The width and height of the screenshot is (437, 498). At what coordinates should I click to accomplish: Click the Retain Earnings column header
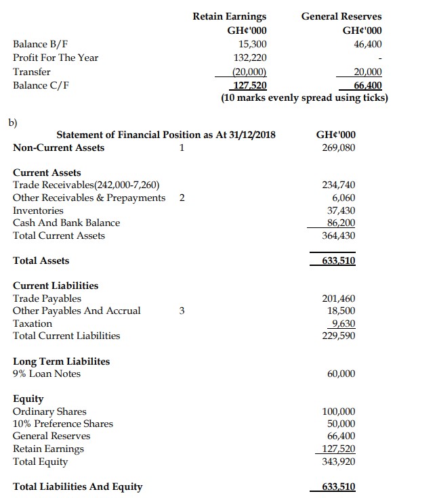(229, 16)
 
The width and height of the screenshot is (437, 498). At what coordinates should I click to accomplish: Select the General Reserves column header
(341, 16)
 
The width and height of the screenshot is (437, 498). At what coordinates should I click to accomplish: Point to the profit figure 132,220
(249, 58)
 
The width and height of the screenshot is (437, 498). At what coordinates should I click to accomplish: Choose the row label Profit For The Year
(56, 58)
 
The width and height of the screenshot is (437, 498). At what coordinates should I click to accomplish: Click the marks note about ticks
(304, 98)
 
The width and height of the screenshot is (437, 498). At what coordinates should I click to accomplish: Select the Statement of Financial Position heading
(166, 134)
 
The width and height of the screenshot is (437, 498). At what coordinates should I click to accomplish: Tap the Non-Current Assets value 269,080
(339, 148)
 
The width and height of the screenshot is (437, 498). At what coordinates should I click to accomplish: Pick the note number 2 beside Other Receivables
(182, 198)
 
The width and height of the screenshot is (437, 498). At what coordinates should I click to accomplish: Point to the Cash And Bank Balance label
(66, 223)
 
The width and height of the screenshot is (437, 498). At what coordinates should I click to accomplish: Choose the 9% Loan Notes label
(47, 373)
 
